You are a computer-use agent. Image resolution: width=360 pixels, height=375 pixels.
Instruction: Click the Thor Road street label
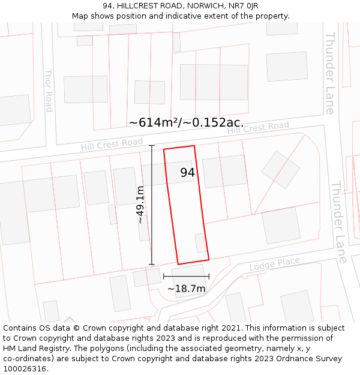[49, 90]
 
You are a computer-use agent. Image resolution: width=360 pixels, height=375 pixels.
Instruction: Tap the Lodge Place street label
[274, 263]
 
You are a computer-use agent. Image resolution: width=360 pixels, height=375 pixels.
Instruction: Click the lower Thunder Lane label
[338, 222]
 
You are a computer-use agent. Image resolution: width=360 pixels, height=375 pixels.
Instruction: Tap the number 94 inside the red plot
[188, 173]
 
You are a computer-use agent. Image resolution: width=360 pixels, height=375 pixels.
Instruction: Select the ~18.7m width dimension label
[186, 289]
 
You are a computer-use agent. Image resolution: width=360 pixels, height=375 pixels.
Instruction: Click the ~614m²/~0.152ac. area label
[186, 122]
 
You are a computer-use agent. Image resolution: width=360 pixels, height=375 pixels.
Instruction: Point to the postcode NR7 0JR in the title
[243, 5]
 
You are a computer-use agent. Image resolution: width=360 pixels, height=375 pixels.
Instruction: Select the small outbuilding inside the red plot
[200, 243]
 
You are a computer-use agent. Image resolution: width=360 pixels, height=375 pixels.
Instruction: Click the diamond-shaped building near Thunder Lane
[280, 169]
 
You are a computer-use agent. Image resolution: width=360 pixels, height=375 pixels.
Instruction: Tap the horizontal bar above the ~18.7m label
[186, 277]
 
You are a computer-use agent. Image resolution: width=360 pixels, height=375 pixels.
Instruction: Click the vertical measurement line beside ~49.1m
[152, 205]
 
